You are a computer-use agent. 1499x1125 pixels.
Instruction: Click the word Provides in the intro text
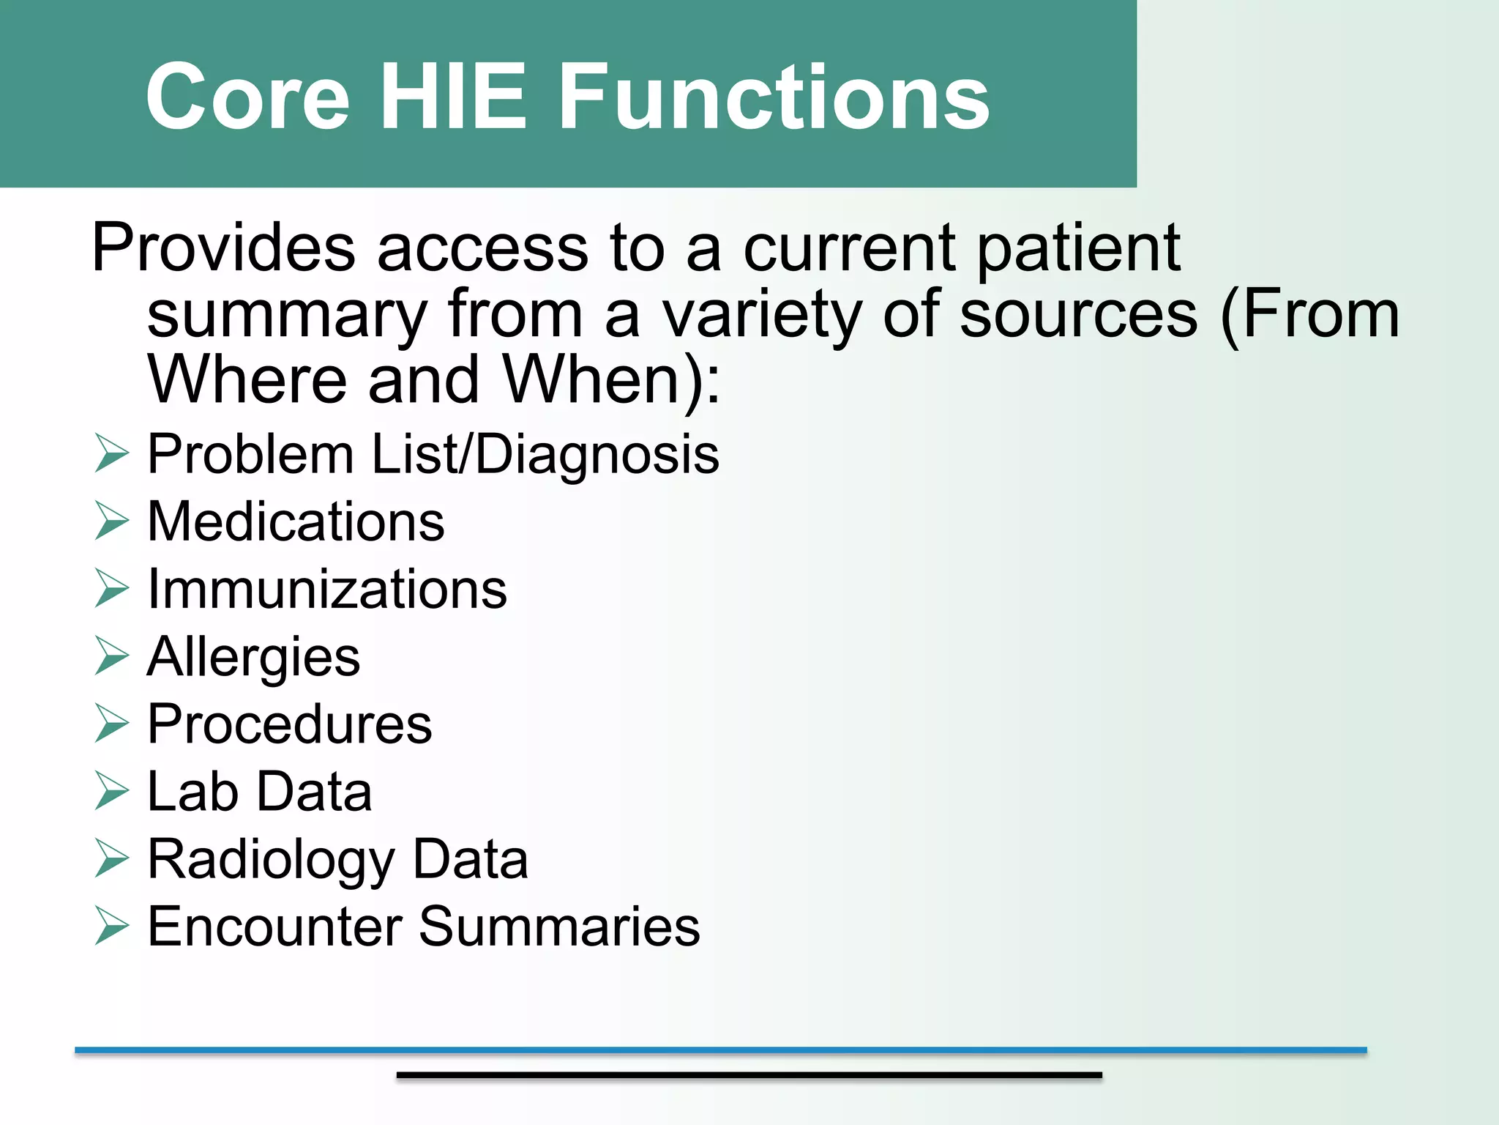(223, 248)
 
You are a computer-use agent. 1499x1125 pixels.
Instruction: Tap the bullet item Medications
(296, 521)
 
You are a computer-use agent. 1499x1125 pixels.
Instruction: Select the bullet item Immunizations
(326, 589)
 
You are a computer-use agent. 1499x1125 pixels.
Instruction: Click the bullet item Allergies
(253, 657)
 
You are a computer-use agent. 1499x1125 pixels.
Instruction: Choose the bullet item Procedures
(289, 724)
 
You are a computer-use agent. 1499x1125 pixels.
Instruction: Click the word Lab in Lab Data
(192, 792)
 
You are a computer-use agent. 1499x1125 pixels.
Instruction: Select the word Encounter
(274, 927)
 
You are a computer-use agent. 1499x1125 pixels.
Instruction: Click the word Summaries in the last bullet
(559, 927)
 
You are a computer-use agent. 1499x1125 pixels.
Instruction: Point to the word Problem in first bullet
(250, 454)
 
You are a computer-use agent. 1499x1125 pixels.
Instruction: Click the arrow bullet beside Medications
(111, 521)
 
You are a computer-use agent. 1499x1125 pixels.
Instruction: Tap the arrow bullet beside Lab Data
(111, 792)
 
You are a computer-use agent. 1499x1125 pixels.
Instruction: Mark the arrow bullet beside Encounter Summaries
(111, 927)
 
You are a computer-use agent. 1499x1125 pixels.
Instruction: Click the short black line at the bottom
(749, 1074)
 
